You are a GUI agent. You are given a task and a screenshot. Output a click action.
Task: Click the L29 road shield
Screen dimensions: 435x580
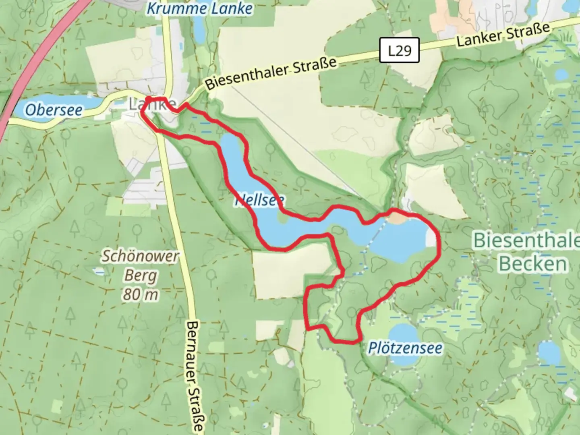coord(399,51)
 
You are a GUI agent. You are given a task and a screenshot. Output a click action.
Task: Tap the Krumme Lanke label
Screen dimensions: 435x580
coord(199,8)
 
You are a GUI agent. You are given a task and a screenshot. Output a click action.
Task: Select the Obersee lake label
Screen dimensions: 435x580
coord(54,110)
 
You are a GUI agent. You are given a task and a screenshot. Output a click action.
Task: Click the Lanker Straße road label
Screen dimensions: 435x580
coord(503,35)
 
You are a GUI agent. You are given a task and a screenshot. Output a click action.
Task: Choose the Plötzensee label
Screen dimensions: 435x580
coord(405,348)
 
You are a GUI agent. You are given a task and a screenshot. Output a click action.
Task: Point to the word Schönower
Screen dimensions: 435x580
coord(140,256)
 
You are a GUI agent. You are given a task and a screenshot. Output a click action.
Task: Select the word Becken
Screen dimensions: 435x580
coord(532,264)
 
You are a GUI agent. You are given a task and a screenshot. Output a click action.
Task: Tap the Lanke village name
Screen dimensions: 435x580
coord(152,105)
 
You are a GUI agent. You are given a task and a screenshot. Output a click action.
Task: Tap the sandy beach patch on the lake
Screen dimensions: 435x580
coord(397,219)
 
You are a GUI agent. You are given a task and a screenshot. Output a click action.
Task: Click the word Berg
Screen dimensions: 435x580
coord(141,276)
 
